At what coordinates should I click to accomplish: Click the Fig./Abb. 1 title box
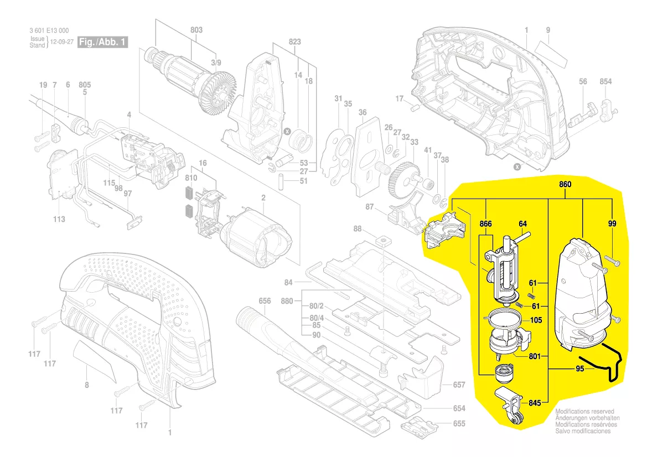point(103,42)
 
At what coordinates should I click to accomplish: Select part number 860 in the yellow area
point(565,184)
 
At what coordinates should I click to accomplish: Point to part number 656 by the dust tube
point(265,301)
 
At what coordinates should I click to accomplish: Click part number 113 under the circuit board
point(59,219)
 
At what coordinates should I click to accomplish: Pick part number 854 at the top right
point(605,82)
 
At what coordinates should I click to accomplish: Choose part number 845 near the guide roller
point(534,403)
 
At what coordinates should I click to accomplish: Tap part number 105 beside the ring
point(536,320)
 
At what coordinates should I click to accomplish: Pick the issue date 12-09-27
point(62,42)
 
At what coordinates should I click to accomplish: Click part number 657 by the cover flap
point(459,385)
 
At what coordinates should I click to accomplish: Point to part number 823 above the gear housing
point(294,41)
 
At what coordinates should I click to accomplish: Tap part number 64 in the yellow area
point(522,224)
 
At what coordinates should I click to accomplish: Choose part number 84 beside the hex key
point(288,283)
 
